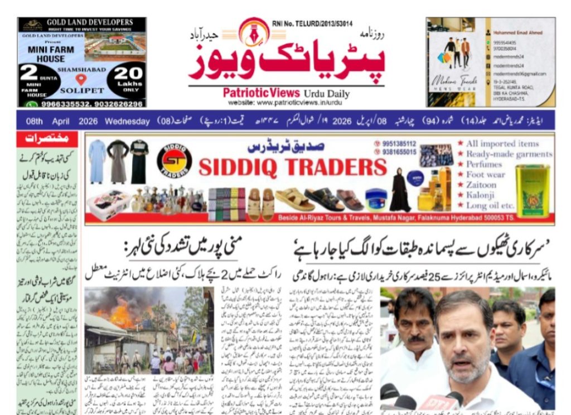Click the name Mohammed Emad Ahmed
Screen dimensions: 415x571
pos(516,33)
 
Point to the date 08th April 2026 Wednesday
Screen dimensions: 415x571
pos(84,121)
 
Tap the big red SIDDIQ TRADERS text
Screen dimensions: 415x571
pos(292,167)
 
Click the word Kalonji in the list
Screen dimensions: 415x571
pos(481,195)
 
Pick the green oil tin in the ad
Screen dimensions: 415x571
pos(532,190)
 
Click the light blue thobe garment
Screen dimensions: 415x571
pos(96,161)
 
